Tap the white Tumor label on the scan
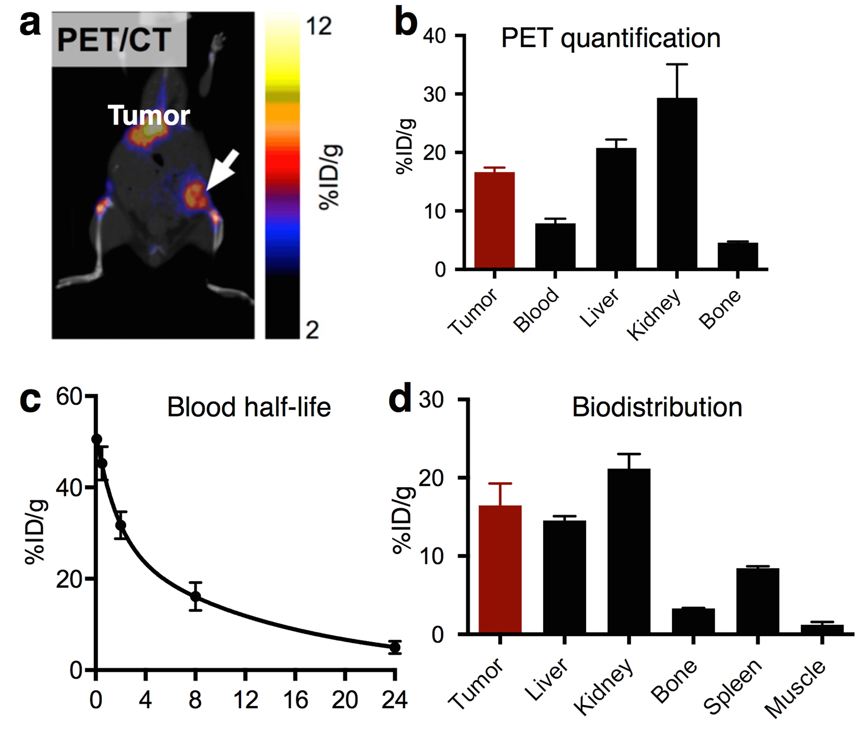click(x=149, y=115)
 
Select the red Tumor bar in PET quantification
click(x=494, y=220)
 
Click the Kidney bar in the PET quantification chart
click(x=676, y=183)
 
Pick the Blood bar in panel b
click(x=555, y=245)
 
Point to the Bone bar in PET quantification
click(x=738, y=255)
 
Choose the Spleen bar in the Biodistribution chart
click(x=757, y=600)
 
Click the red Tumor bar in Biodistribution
click(x=500, y=569)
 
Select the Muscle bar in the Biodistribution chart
click(x=822, y=628)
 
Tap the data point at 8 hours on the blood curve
click(x=195, y=597)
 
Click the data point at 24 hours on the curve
click(x=395, y=647)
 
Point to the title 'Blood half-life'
click(x=249, y=407)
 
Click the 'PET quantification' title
click(x=611, y=38)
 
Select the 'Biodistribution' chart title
click(x=657, y=407)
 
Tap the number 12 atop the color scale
click(x=318, y=26)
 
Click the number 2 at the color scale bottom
click(x=312, y=330)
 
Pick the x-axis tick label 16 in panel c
click(x=295, y=700)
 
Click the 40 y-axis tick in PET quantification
click(x=434, y=36)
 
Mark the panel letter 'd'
click(x=400, y=398)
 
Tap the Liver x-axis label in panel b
click(x=599, y=308)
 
